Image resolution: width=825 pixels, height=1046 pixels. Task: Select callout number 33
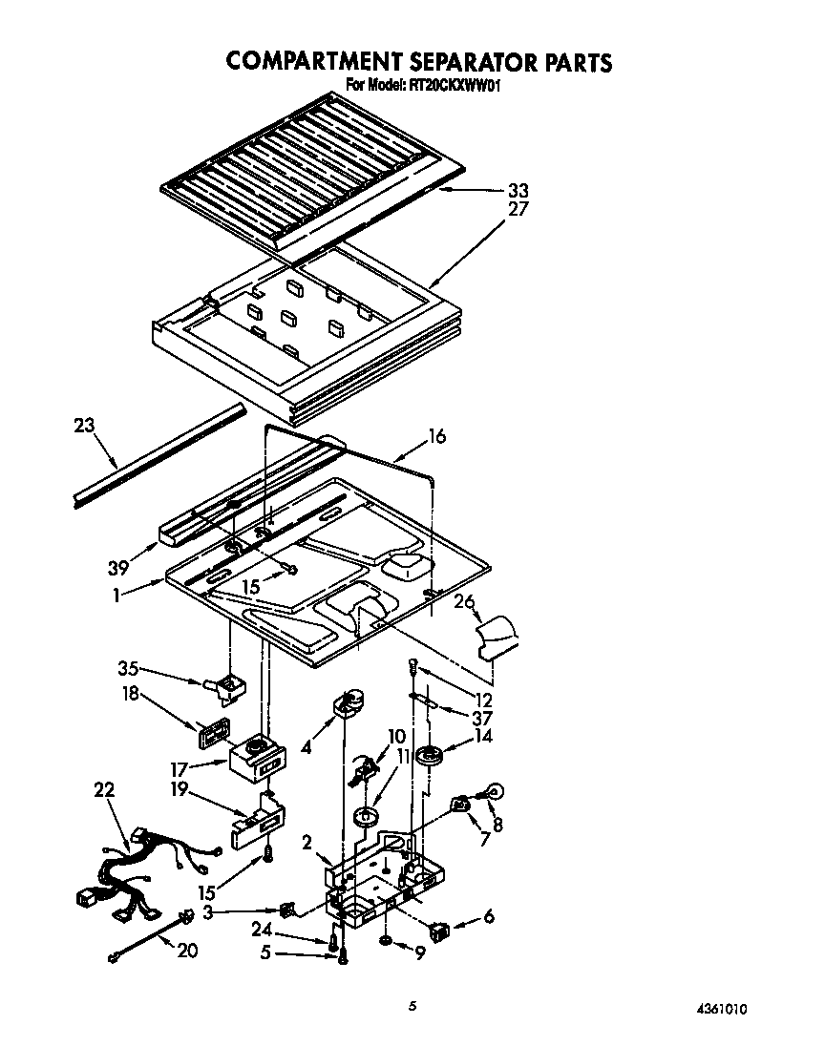coord(518,190)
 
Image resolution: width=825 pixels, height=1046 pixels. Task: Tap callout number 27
coord(518,208)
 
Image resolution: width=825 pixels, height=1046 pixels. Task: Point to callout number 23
coord(85,425)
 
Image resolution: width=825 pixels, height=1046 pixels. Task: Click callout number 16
coord(436,436)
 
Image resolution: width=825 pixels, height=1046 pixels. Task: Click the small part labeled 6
coord(440,927)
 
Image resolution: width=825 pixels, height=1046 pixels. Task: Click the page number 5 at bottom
coord(412,1005)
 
